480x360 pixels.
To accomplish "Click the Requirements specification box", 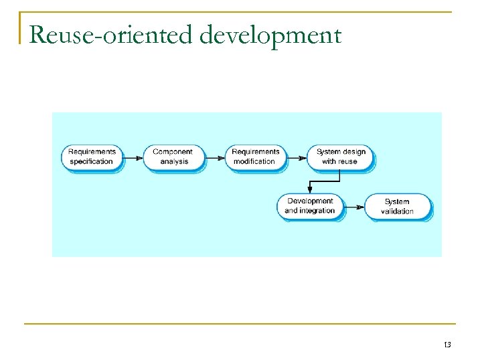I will tap(92, 157).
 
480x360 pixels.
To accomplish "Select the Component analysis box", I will tap(173, 157).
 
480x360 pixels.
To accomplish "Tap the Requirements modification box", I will tap(255, 157).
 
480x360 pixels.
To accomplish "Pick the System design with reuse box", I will tap(340, 157).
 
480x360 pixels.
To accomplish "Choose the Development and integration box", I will tap(310, 206).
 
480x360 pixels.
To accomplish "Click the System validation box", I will tap(397, 207).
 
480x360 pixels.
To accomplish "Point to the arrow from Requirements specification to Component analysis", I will tap(133, 158).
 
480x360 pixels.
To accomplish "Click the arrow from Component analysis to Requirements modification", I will tap(215, 158).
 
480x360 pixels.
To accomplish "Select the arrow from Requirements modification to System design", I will tap(297, 158).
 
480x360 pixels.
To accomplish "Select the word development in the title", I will tap(270, 34).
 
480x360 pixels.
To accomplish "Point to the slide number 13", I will tap(447, 345).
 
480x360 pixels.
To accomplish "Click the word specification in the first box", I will tap(92, 162).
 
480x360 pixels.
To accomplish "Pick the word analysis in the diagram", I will tap(174, 162).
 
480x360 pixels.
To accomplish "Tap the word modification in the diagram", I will tap(254, 162).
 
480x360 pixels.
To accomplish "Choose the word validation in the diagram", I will tap(397, 211).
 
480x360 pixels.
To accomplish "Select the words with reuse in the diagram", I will tap(340, 162).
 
